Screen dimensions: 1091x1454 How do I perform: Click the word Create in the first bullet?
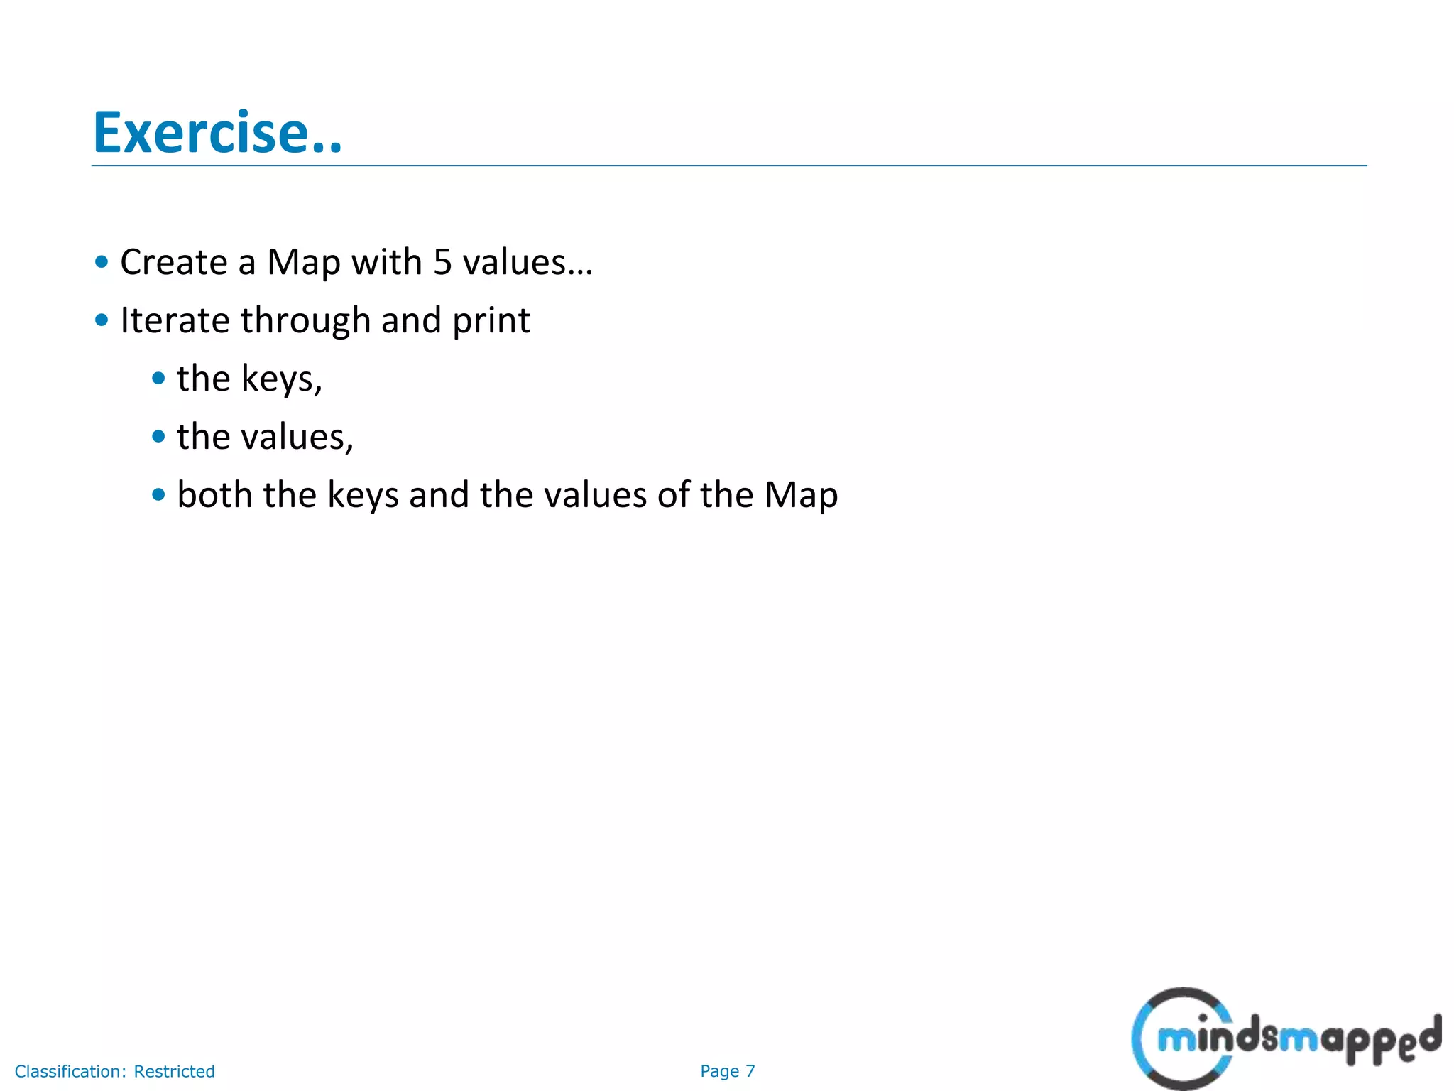[x=173, y=262]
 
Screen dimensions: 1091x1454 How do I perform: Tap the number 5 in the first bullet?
[x=442, y=262]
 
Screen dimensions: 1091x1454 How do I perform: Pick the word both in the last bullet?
[x=214, y=495]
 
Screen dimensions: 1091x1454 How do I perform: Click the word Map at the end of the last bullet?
[x=801, y=496]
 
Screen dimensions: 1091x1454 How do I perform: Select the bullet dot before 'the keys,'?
[x=158, y=379]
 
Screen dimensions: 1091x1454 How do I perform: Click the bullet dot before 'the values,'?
[x=158, y=437]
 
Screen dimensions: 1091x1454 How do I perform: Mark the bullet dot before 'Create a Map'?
[x=102, y=262]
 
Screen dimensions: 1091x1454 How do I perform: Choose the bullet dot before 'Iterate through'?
[x=102, y=320]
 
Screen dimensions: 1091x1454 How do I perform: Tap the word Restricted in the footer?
[x=175, y=1071]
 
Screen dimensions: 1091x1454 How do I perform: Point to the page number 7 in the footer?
[x=750, y=1071]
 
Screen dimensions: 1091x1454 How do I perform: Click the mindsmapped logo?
[x=1285, y=1038]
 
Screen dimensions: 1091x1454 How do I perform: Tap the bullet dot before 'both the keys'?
[x=158, y=495]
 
